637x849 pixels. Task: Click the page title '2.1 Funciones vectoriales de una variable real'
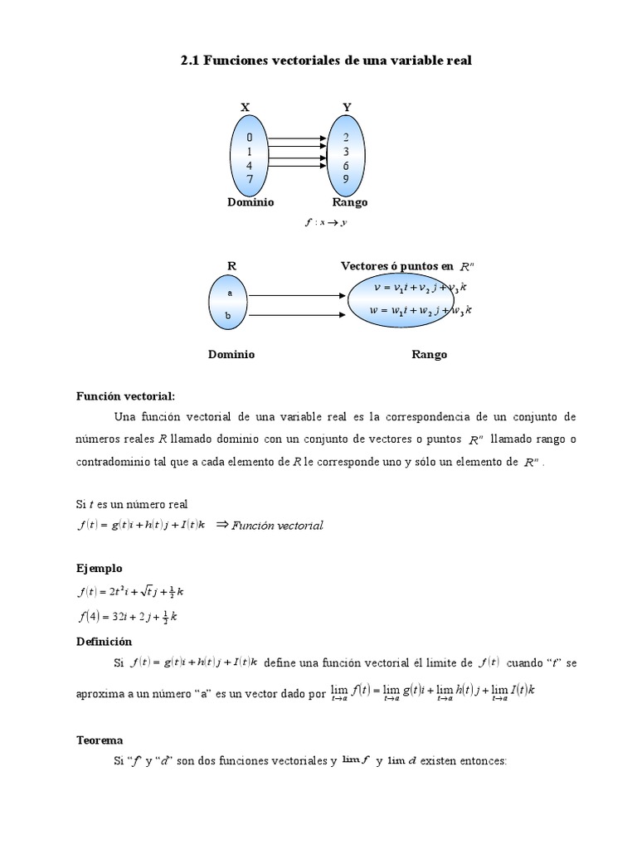(326, 61)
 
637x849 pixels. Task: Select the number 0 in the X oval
(250, 137)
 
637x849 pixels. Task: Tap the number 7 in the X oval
(250, 179)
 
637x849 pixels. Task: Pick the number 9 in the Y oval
(346, 179)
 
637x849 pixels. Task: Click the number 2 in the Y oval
(346, 137)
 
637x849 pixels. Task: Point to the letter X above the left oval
(245, 107)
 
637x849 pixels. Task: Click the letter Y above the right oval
(347, 107)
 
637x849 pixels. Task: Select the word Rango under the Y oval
(349, 202)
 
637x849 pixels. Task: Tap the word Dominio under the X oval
(250, 202)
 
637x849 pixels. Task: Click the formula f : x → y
(325, 222)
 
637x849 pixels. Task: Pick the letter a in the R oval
(231, 294)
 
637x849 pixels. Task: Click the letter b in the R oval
(231, 316)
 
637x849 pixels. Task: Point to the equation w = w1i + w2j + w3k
(421, 311)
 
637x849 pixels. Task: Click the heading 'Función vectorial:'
(126, 396)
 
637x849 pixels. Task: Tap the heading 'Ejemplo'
(100, 568)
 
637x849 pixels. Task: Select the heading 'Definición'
(105, 641)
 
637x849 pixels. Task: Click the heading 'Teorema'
(100, 740)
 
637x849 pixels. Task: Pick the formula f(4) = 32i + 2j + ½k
(128, 617)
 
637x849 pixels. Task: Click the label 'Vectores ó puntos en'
(397, 266)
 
